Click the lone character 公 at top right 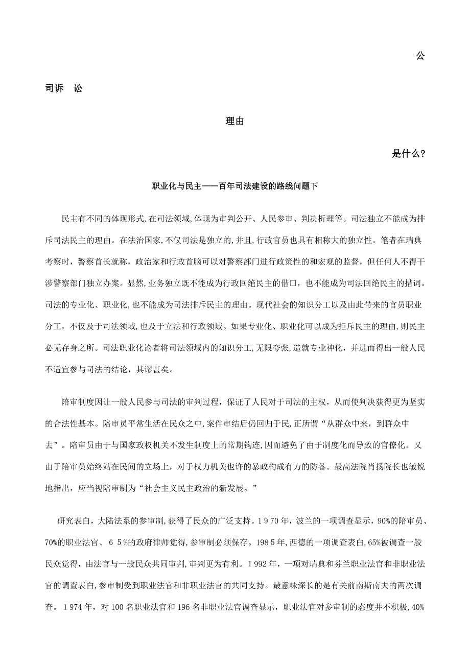(x=420, y=56)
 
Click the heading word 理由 (x=234, y=122)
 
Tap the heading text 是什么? (x=408, y=154)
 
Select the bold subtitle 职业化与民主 (x=178, y=186)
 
